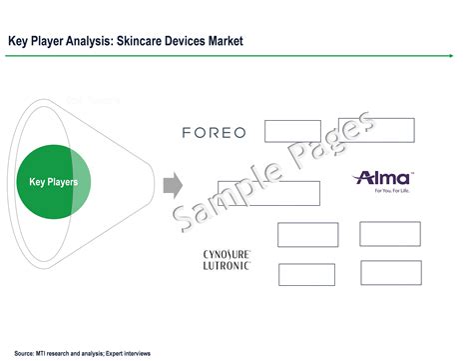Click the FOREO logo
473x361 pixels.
pos(214,132)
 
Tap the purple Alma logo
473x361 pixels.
pos(383,178)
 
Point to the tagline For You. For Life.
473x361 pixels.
pos(384,191)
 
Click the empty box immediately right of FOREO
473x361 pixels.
pos(292,131)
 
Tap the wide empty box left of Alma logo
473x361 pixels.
pos(268,193)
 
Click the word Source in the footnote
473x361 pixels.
pos(26,352)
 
